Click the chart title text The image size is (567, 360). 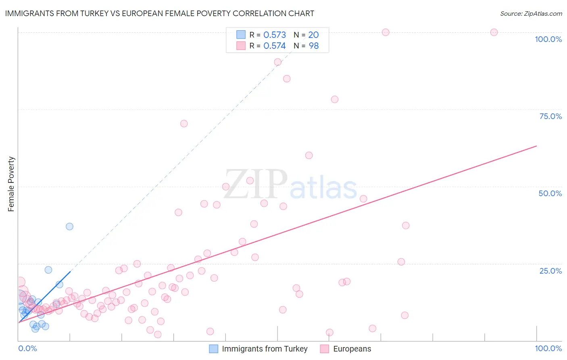(x=159, y=13)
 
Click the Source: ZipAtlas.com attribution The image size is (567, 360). (x=531, y=14)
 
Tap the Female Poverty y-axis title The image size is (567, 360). (x=11, y=184)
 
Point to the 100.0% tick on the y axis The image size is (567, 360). (x=548, y=39)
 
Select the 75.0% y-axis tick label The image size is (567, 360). (x=550, y=116)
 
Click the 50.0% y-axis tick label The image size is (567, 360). (x=550, y=193)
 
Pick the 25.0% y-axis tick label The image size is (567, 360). (x=550, y=271)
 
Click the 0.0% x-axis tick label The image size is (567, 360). (x=27, y=348)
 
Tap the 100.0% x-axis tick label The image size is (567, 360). (x=548, y=348)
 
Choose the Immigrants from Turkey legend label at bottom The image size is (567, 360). (x=265, y=349)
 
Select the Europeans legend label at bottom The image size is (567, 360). (x=352, y=349)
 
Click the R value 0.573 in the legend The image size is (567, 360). (x=275, y=35)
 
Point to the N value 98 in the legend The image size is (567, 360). (x=314, y=46)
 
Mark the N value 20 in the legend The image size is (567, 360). (x=313, y=35)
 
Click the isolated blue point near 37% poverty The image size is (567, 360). (x=69, y=226)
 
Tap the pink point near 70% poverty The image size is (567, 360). (x=184, y=123)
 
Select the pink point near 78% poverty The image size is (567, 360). (x=334, y=99)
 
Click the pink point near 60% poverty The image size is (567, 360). (x=309, y=155)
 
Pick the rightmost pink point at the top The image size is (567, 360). (x=494, y=32)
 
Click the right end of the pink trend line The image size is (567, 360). (x=536, y=146)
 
